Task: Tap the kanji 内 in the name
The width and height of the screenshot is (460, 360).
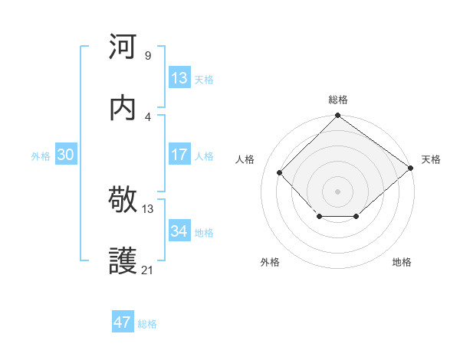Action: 123,107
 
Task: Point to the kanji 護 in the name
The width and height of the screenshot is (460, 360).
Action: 123,261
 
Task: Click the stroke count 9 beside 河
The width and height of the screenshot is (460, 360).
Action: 147,55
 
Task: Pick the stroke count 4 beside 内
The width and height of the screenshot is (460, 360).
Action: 147,116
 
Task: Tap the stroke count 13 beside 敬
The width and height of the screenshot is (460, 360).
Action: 148,208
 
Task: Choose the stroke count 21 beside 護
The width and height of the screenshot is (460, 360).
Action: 148,270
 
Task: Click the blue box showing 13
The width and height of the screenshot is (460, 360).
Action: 179,78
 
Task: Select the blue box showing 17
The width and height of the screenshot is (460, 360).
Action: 179,155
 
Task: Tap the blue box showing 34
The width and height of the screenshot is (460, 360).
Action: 179,231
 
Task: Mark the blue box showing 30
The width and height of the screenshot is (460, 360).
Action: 66,155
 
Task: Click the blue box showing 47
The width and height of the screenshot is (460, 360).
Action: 123,322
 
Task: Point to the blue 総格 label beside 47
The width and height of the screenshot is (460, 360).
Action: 147,324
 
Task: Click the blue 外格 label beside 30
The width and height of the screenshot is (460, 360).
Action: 41,156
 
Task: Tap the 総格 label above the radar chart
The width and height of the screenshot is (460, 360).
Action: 337,100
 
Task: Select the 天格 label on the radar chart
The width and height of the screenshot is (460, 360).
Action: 431,159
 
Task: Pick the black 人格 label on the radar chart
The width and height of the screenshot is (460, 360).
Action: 245,159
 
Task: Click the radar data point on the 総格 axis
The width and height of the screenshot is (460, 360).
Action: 337,116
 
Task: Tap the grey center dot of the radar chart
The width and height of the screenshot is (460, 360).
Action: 337,191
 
